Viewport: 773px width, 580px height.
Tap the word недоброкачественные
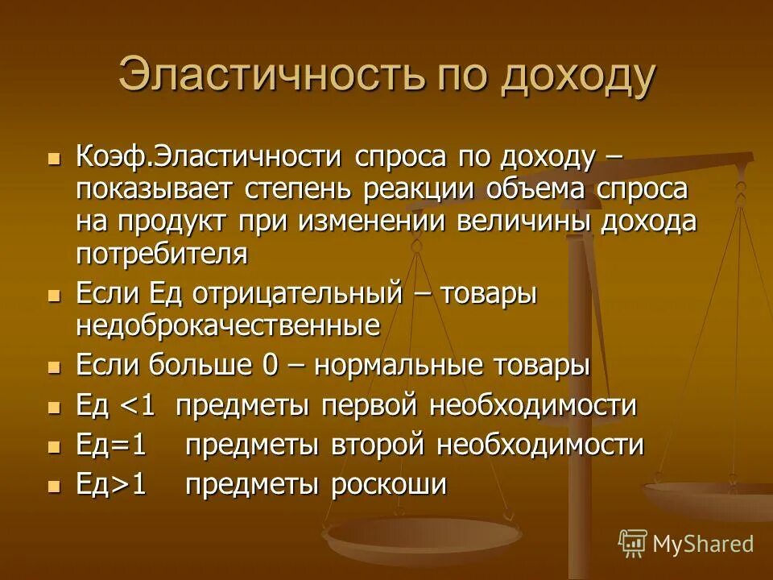[x=228, y=326]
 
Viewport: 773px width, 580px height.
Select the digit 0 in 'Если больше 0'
[x=271, y=365]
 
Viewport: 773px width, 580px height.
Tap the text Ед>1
[x=112, y=485]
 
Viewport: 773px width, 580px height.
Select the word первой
[x=371, y=405]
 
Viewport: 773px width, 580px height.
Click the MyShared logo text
[x=703, y=544]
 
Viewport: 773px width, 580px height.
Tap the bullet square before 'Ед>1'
[x=55, y=486]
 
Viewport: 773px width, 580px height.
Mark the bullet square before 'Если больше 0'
[x=55, y=367]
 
